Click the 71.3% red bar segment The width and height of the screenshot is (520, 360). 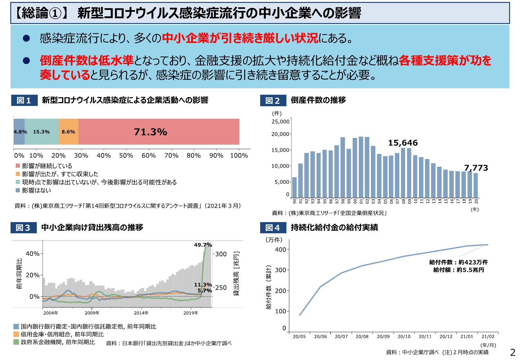[159, 132]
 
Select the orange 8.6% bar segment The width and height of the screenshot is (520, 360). [68, 132]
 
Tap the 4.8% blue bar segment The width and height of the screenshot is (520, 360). [19, 132]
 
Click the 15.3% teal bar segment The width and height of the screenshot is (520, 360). [42, 132]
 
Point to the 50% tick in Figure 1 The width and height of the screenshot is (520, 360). [126, 155]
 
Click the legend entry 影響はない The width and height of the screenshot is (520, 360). [36, 190]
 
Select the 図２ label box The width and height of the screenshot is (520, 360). [273, 100]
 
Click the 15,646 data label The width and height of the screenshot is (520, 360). [403, 143]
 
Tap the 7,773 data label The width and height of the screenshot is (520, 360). [476, 168]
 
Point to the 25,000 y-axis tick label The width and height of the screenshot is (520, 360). [280, 122]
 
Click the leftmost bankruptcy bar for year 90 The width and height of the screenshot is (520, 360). [294, 188]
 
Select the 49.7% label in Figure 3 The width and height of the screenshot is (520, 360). [203, 245]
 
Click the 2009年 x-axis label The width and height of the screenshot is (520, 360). [92, 313]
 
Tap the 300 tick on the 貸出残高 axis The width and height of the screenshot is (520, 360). [221, 254]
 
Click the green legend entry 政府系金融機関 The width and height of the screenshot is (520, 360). [58, 342]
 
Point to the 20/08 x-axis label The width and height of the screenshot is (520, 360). [362, 336]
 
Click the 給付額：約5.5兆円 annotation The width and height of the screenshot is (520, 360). [459, 270]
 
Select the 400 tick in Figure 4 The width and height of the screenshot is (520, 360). [280, 250]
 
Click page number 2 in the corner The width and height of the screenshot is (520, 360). [513, 352]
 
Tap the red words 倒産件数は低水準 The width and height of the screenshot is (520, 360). [86, 60]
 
